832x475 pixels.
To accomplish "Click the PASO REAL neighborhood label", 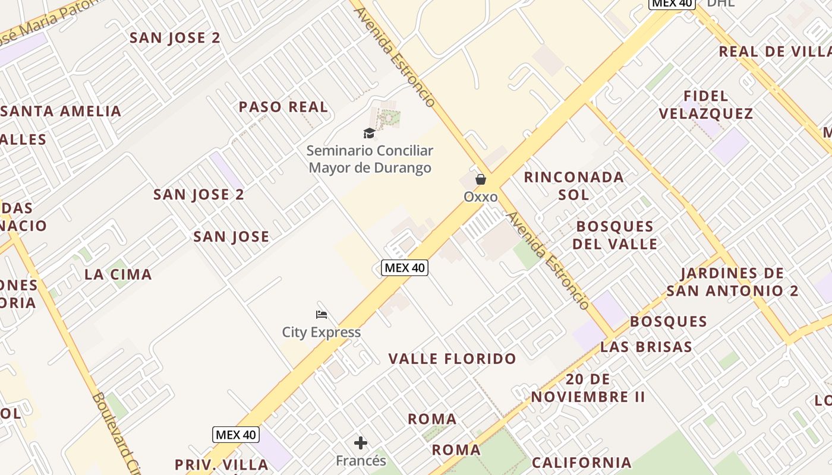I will pyautogui.click(x=283, y=107).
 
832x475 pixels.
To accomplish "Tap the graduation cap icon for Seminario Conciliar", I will pyautogui.click(x=369, y=133).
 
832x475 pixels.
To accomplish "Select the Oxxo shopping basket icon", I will pyautogui.click(x=480, y=179).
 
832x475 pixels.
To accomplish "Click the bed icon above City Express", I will pyautogui.click(x=322, y=315).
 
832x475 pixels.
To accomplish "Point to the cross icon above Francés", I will pyautogui.click(x=361, y=443).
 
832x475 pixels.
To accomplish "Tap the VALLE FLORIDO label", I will pyautogui.click(x=452, y=359).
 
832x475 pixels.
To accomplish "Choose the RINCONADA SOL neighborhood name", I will pyautogui.click(x=573, y=185).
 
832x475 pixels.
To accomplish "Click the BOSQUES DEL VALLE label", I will pyautogui.click(x=615, y=235).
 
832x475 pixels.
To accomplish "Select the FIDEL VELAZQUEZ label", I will pyautogui.click(x=706, y=104).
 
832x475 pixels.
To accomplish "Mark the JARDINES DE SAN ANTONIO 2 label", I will pyautogui.click(x=732, y=282).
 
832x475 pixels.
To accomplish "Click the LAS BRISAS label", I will pyautogui.click(x=646, y=347).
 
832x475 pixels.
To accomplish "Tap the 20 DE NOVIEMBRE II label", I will pyautogui.click(x=588, y=388).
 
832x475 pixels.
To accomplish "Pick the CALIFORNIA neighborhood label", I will pyautogui.click(x=581, y=463).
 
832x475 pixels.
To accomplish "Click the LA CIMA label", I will pyautogui.click(x=118, y=274).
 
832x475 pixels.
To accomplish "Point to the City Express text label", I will pyautogui.click(x=321, y=332).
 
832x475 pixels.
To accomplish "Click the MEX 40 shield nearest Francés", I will pyautogui.click(x=236, y=435).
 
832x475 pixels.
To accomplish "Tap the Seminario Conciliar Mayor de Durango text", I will pyautogui.click(x=370, y=159).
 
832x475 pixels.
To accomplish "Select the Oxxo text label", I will pyautogui.click(x=480, y=197).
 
